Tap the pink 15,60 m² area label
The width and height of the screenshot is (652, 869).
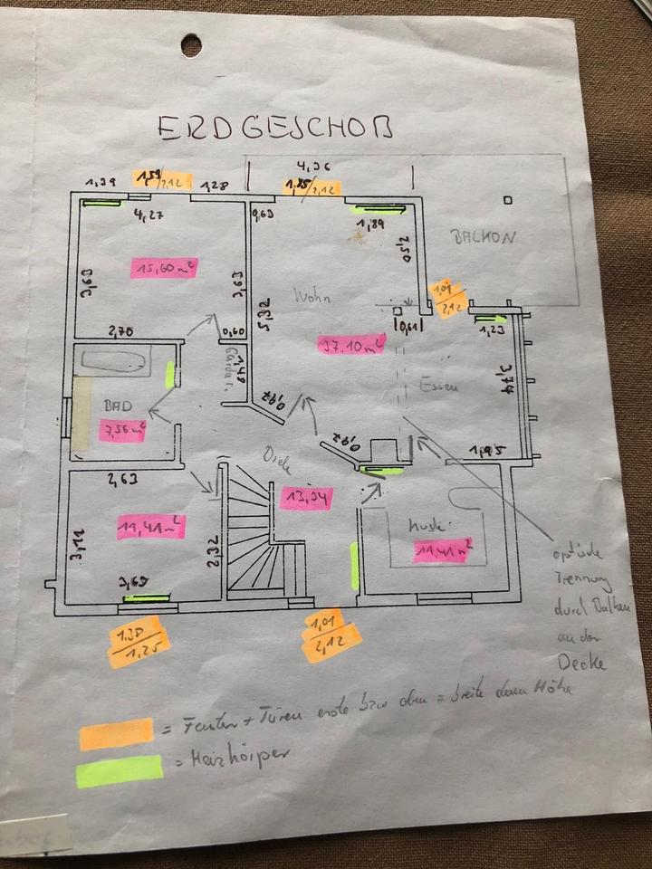pos(164,268)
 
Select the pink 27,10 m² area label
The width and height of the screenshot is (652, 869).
pos(351,345)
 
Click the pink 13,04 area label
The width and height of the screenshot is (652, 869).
pos(306,498)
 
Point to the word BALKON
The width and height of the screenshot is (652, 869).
pos(484,237)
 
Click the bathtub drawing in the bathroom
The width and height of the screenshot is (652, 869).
pos(112,362)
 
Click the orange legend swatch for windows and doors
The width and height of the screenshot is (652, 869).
pos(116,733)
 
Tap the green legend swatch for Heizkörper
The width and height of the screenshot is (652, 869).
pos(120,771)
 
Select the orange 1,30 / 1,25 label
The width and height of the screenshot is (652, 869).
pos(139,642)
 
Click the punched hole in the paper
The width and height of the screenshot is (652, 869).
pos(191,44)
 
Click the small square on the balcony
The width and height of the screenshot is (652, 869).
pos(508,200)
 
